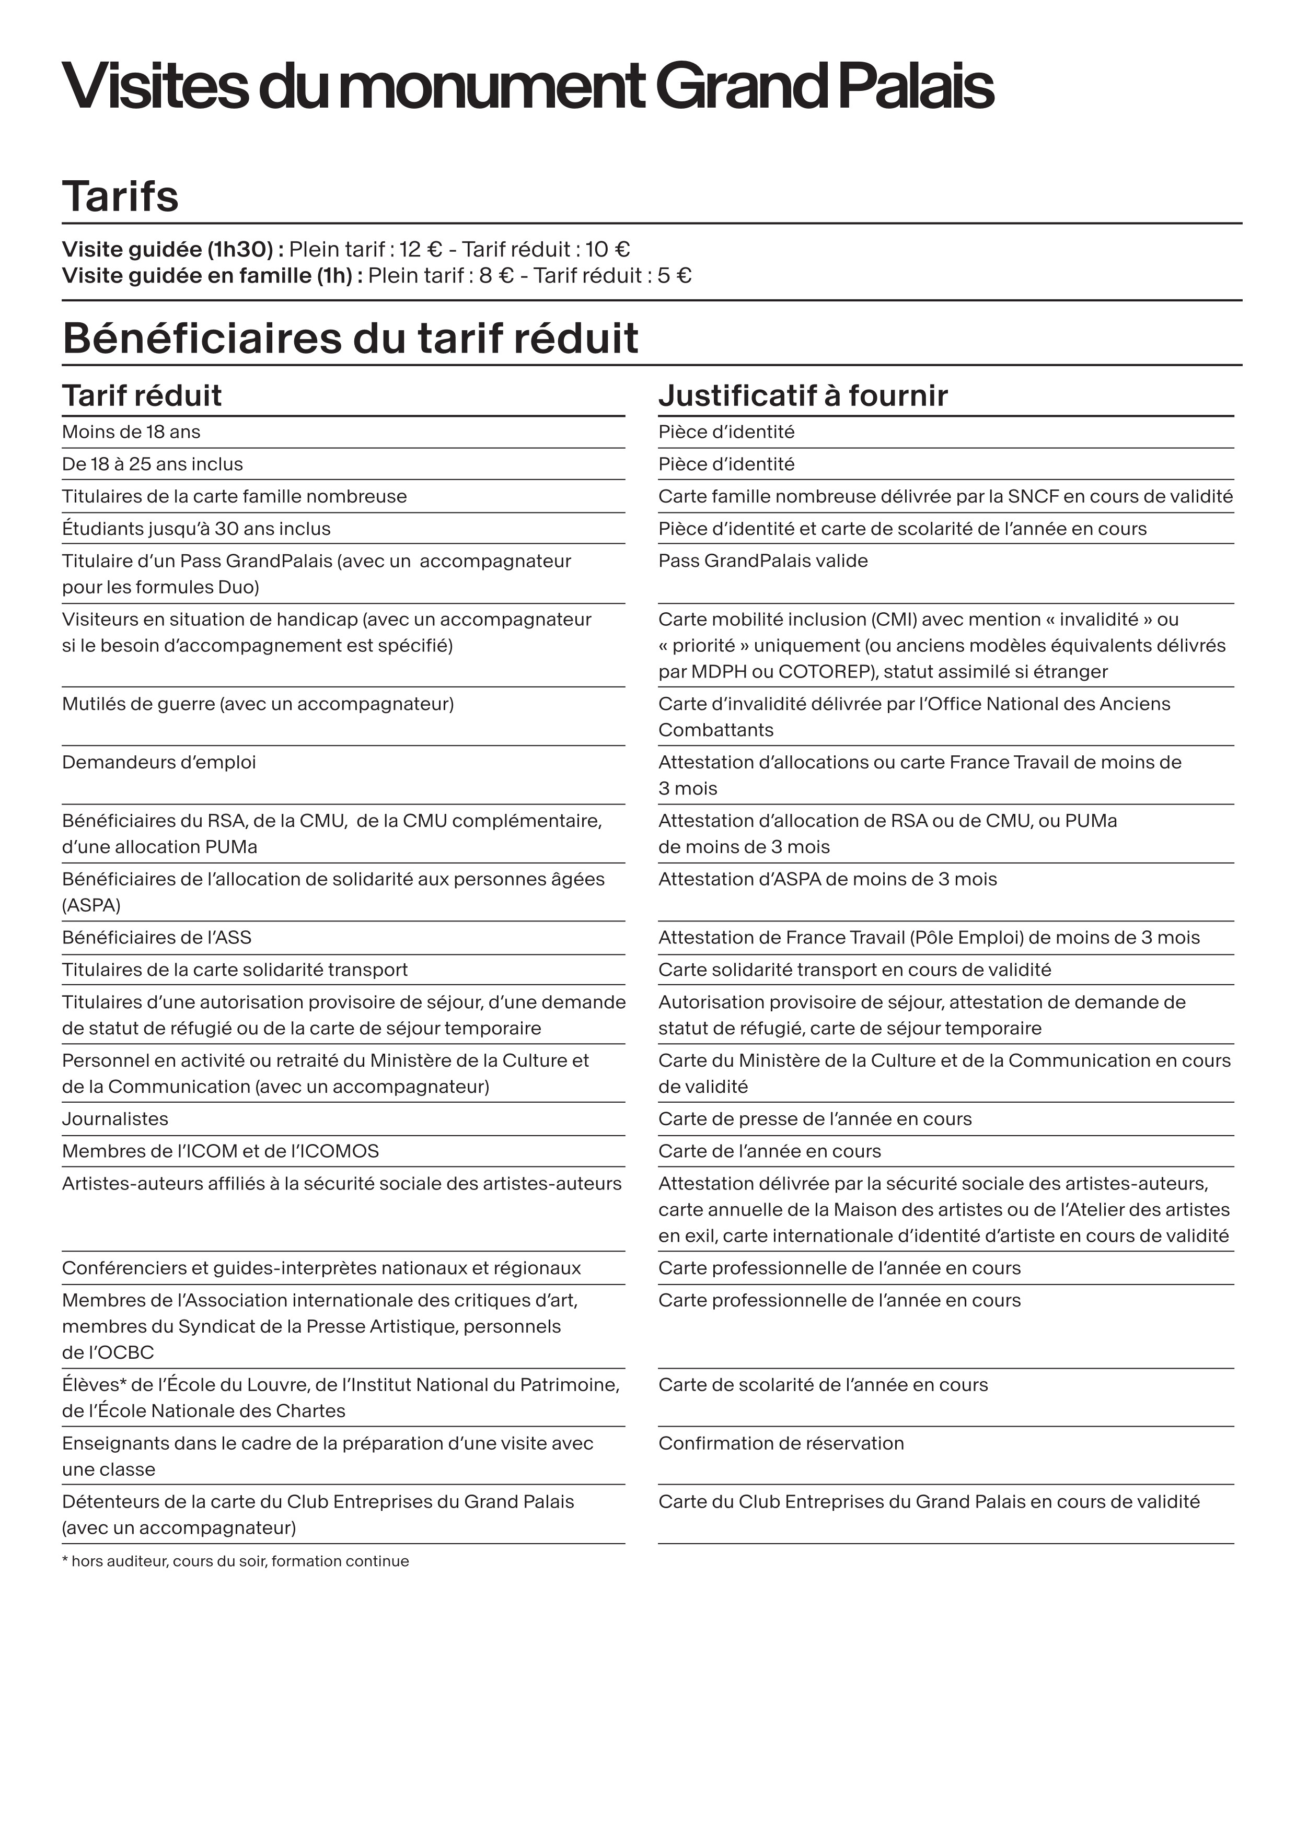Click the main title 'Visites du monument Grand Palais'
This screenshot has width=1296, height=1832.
(527, 87)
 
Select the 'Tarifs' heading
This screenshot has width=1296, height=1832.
(121, 196)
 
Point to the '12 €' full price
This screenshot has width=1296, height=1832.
(421, 250)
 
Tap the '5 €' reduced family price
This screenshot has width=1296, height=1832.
(674, 276)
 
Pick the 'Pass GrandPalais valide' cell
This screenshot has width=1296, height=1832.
(763, 561)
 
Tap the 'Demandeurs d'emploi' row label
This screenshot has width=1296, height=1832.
(159, 763)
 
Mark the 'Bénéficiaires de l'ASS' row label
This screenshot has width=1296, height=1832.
(156, 938)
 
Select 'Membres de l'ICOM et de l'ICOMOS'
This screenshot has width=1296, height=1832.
(220, 1151)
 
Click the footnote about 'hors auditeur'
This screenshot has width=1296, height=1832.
(235, 1561)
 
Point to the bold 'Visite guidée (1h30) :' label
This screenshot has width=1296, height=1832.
(173, 250)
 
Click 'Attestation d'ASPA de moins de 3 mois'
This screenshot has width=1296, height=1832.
(828, 879)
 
